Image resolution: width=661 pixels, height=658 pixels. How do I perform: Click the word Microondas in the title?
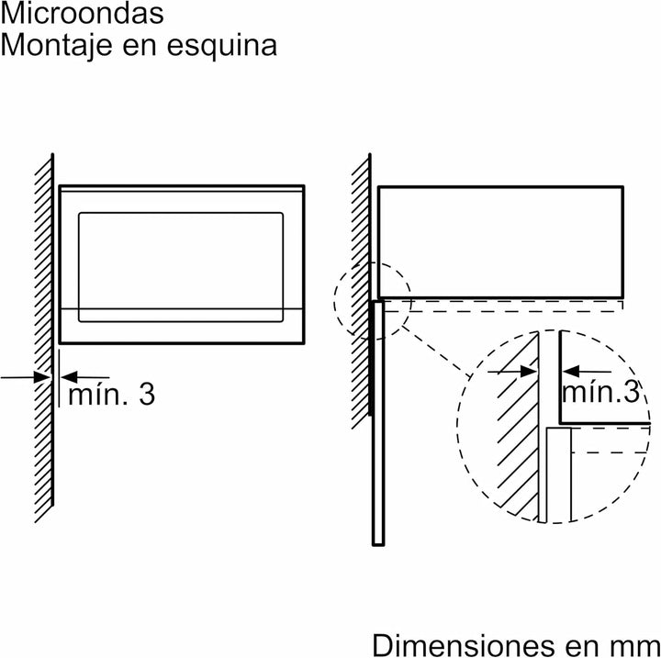[83, 13]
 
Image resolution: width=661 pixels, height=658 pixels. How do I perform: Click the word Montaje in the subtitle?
[57, 45]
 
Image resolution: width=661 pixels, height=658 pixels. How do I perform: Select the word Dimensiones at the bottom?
[463, 644]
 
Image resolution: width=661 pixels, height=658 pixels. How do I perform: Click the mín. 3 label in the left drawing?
[111, 395]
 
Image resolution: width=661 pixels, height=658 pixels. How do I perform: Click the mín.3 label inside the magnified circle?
[600, 392]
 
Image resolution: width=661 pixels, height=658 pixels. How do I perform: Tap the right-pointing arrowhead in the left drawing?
[42, 377]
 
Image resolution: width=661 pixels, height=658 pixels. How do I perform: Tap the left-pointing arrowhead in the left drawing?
[70, 377]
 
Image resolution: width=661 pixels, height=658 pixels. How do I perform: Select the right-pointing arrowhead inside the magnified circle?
[529, 372]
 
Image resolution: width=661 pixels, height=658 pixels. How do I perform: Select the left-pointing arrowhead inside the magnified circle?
[571, 372]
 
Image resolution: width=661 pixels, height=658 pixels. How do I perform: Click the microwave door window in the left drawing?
[181, 267]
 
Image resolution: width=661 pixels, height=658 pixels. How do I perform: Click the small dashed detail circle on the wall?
[335, 301]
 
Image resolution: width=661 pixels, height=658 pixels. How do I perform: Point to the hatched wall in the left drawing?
[43, 337]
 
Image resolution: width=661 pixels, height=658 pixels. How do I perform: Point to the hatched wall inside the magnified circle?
[518, 426]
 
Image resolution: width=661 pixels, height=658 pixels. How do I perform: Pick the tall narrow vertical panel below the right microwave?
[378, 423]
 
